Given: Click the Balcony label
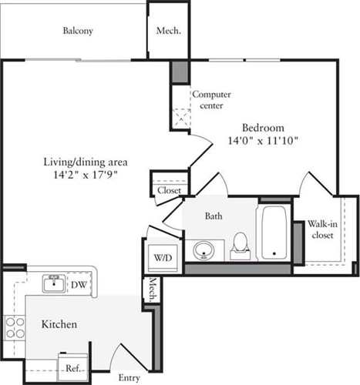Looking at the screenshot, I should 78,31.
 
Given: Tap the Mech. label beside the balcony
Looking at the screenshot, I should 168,31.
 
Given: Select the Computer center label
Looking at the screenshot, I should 211,99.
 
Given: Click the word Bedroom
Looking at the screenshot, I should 263,128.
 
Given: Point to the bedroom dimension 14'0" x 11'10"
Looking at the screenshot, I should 263,141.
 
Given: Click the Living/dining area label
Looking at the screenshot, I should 84,162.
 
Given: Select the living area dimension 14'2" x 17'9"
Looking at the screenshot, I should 84,176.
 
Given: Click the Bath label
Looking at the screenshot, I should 214,217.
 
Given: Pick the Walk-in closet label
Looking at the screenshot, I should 320,229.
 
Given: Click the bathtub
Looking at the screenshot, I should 274,232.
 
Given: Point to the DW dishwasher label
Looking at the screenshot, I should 79,285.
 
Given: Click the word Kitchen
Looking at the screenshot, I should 59,325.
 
